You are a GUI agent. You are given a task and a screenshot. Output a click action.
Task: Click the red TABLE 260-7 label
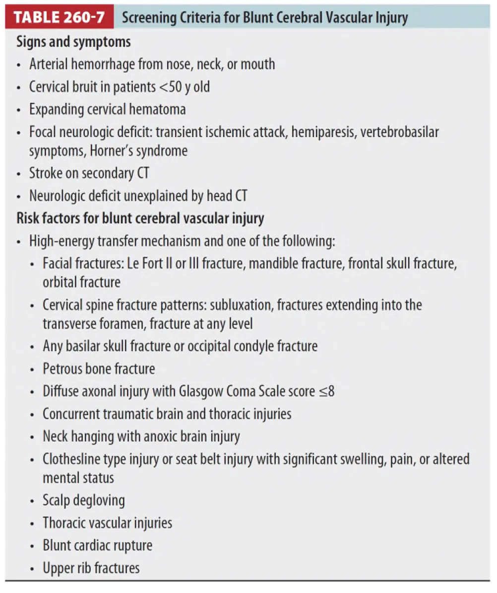coord(59,18)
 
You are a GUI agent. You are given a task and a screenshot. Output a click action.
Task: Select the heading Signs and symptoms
coord(74,42)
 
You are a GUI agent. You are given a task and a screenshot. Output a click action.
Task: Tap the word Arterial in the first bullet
coord(49,64)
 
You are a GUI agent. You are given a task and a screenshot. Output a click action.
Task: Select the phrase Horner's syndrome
coord(138,150)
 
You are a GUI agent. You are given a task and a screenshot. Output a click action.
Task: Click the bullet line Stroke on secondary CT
coord(89,173)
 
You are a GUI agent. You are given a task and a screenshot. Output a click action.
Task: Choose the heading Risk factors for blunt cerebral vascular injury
coord(140,218)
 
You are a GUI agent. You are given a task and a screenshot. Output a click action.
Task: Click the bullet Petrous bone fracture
coord(99,369)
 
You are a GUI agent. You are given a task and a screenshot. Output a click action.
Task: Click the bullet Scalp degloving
coord(84,500)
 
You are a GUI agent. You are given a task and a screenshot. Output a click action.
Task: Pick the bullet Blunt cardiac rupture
coord(97,545)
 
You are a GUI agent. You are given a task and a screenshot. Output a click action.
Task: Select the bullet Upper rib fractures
coord(91,568)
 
